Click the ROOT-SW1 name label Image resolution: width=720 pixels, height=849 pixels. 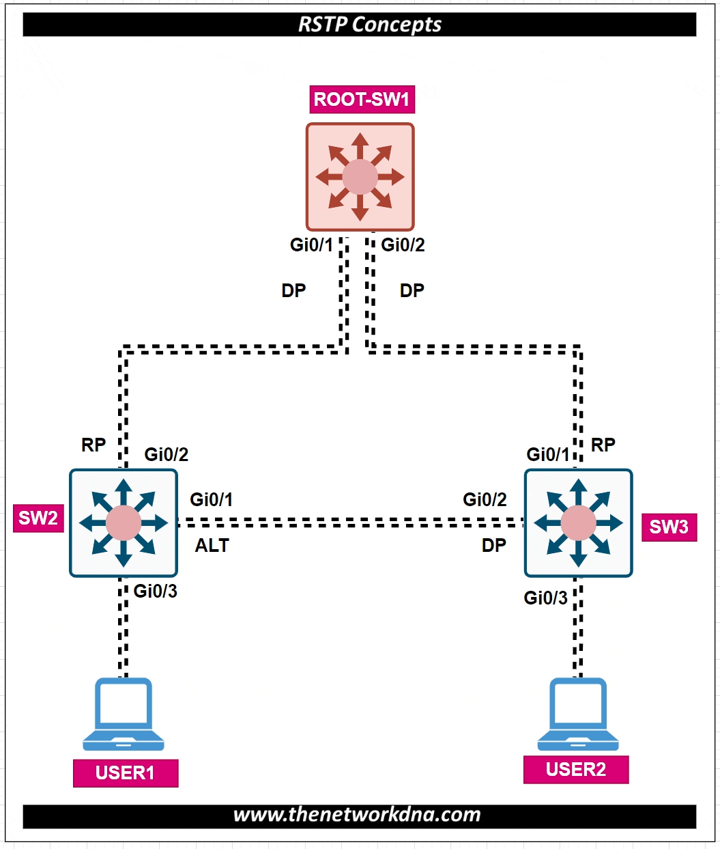362,100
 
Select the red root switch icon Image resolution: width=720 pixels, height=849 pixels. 360,177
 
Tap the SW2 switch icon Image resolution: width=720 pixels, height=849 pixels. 124,523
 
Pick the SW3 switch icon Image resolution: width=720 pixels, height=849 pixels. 578,523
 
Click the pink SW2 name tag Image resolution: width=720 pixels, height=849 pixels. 38,518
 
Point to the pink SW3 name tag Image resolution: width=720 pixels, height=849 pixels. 669,527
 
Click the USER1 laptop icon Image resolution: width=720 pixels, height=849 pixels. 124,714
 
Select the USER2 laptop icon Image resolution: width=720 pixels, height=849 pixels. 578,714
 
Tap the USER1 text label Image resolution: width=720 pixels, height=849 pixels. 126,773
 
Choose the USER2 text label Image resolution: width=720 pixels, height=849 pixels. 576,770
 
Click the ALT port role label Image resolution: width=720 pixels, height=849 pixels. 212,546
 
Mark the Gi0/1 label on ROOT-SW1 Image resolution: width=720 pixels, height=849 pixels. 311,245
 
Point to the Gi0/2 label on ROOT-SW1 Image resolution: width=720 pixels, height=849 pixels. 403,245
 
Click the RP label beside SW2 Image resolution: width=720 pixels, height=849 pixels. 93,445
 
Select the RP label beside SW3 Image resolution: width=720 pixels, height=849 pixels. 603,445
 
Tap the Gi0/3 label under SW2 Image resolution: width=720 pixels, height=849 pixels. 156,591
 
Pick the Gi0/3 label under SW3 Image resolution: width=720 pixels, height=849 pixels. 545,598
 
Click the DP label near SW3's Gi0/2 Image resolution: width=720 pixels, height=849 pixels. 494,546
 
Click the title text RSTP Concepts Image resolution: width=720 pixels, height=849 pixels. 370,25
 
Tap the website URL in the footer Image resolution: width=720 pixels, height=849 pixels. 357,815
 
